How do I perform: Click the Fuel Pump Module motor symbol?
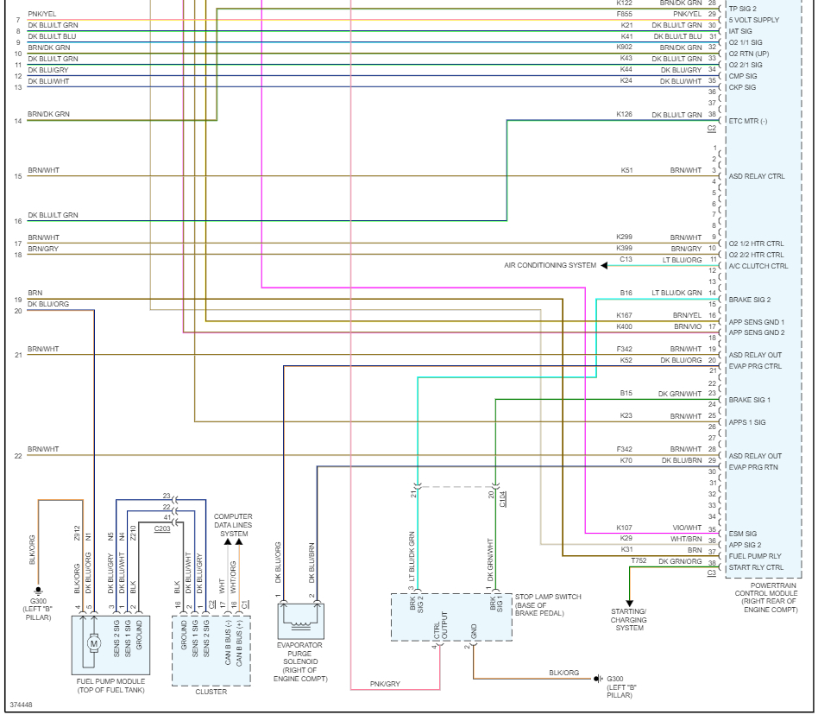[x=93, y=642]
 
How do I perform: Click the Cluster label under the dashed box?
[x=211, y=692]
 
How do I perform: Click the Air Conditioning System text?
[x=550, y=265]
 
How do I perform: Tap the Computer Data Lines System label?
[x=233, y=525]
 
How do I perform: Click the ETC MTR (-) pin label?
[x=748, y=121]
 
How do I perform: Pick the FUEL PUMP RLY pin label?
[x=756, y=556]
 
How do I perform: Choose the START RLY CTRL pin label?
[x=757, y=567]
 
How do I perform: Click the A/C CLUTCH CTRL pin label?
[x=758, y=266]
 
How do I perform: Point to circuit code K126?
[x=624, y=114]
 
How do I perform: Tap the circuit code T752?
[x=639, y=560]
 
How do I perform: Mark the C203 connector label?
[x=161, y=528]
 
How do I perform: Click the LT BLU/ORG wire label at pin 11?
[x=683, y=259]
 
